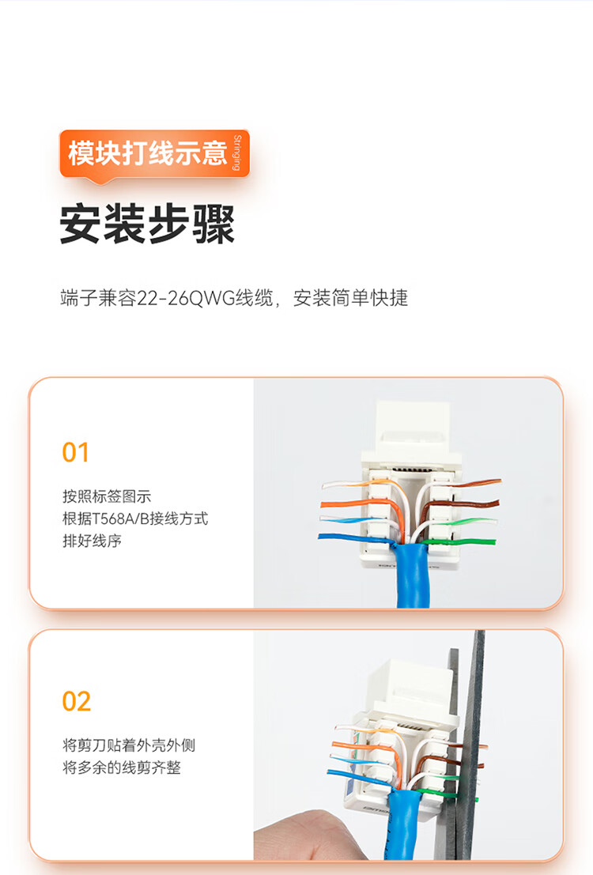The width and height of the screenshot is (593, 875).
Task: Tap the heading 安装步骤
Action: [x=147, y=224]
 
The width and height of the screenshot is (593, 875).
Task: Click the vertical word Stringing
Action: [x=237, y=153]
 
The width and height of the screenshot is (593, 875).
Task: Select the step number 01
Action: [x=75, y=453]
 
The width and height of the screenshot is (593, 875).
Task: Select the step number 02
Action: [x=77, y=701]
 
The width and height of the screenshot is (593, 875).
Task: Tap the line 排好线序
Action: [x=93, y=541]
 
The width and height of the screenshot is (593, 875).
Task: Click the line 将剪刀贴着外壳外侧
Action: [x=129, y=745]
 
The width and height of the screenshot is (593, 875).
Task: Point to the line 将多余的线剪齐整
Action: [x=122, y=768]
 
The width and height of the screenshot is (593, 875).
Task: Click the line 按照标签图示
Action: [x=107, y=496]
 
